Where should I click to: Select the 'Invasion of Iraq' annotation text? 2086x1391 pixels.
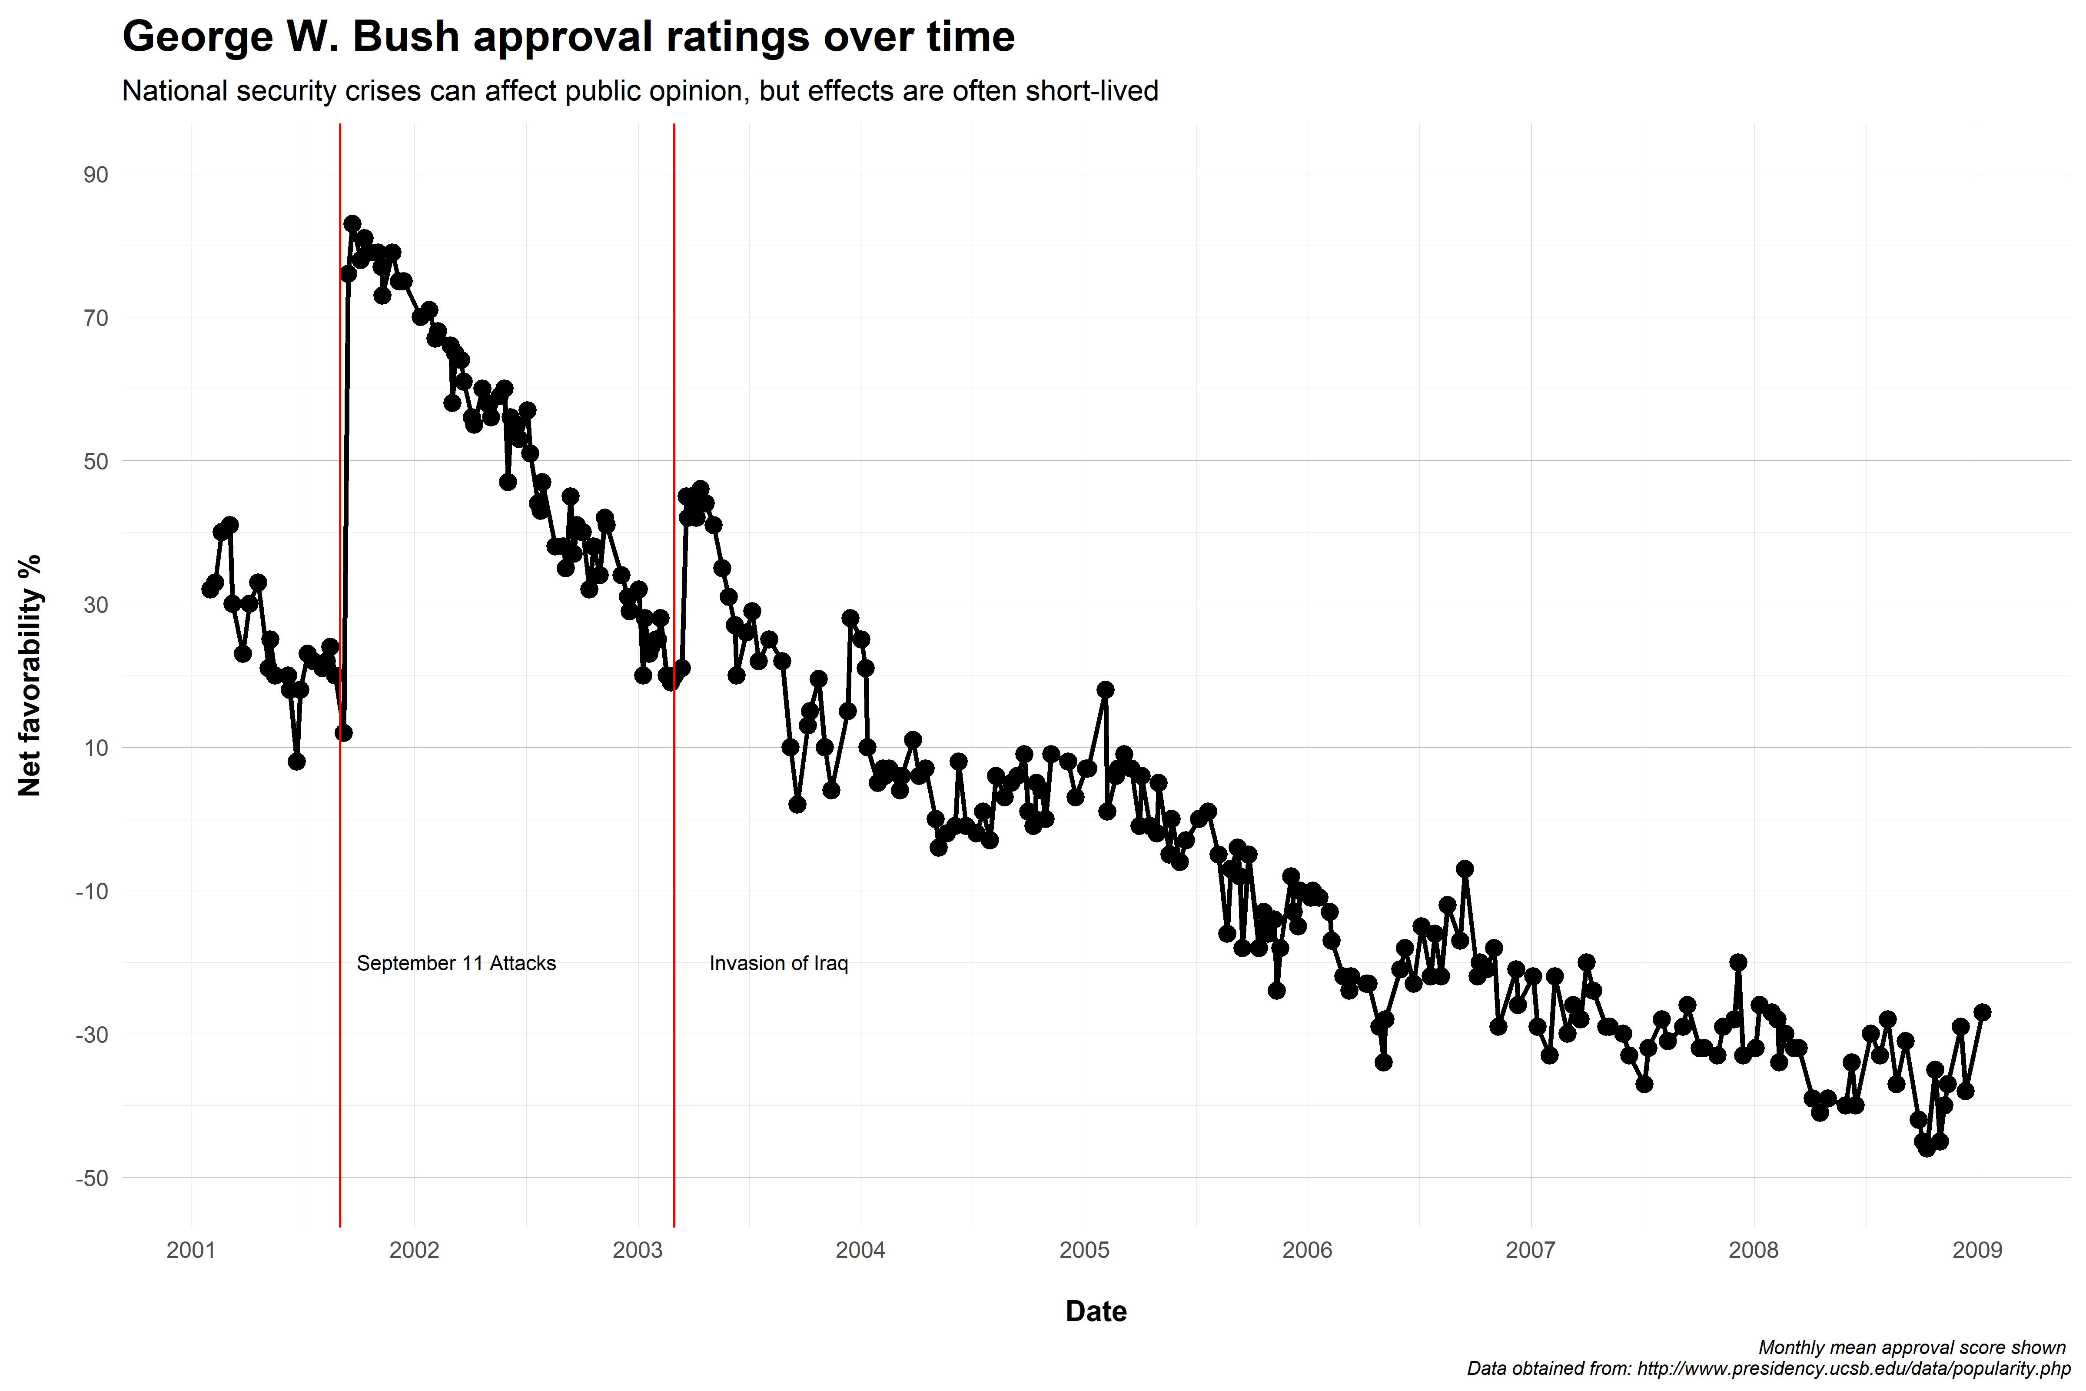pos(779,963)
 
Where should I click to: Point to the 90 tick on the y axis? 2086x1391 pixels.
pos(96,175)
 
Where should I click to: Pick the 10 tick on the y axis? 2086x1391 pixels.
pos(96,748)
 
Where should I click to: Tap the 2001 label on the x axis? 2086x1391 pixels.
pos(192,1251)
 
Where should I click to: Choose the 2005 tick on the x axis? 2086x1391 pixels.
pos(1084,1251)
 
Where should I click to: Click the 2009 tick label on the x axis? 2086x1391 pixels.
pos(1977,1251)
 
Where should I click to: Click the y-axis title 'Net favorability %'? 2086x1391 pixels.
pos(30,676)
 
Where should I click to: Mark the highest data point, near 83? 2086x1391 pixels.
pos(352,223)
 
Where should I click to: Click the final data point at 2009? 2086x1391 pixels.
pos(1982,1012)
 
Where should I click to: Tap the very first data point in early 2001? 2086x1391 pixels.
pos(209,589)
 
